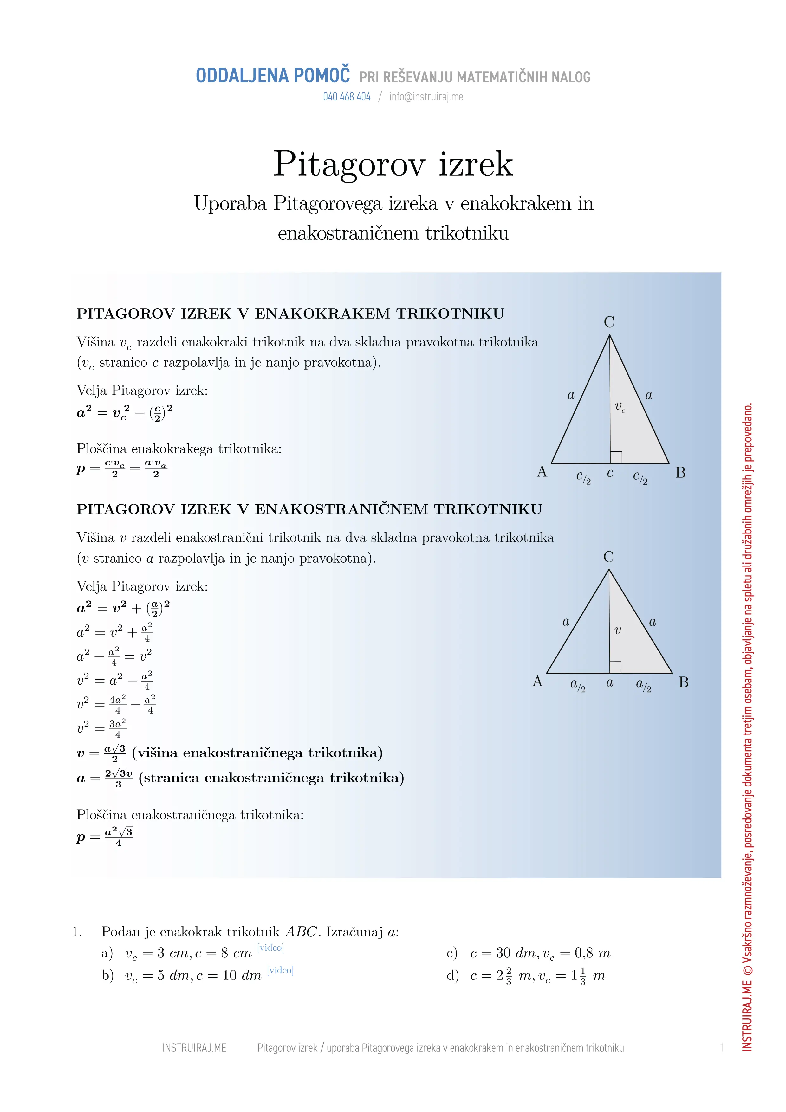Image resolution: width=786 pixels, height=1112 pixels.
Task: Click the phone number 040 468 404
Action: click(347, 97)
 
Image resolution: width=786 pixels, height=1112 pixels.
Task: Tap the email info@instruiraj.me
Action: click(426, 97)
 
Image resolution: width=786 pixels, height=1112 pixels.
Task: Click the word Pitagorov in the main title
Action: click(349, 164)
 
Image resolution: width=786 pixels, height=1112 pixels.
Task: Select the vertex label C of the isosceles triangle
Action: click(609, 322)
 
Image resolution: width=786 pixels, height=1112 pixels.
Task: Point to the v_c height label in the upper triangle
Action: click(620, 407)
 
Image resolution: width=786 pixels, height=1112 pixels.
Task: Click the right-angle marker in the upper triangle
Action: click(616, 457)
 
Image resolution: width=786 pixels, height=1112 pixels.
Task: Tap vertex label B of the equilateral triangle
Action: click(683, 682)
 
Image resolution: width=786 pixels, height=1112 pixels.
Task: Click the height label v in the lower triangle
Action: click(617, 630)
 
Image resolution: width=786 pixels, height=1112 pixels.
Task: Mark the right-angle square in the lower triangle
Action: click(615, 667)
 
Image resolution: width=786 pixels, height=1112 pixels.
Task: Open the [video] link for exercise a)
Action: click(270, 947)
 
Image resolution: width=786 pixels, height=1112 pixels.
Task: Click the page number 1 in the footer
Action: click(722, 1048)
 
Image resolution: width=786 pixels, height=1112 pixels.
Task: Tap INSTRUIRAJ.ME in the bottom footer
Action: click(194, 1048)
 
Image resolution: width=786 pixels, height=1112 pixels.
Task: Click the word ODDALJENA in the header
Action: click(242, 76)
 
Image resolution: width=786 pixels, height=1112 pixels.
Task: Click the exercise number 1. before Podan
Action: click(76, 932)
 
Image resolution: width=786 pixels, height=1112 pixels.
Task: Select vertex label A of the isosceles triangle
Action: click(542, 471)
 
